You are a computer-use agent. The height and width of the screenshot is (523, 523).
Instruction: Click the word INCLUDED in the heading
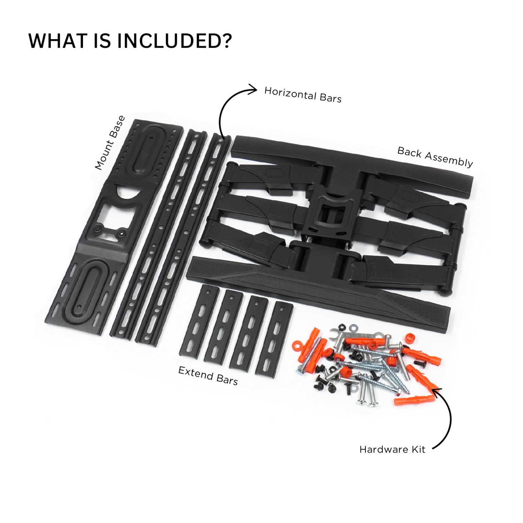pyautogui.click(x=174, y=41)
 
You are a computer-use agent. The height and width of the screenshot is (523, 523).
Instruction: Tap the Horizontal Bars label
pyautogui.click(x=303, y=95)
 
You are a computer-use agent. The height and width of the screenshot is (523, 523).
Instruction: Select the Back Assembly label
pyautogui.click(x=435, y=157)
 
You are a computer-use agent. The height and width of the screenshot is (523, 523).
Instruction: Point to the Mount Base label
pyautogui.click(x=110, y=143)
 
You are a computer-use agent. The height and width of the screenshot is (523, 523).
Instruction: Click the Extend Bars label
pyautogui.click(x=208, y=376)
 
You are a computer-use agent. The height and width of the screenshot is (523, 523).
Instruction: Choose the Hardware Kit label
pyautogui.click(x=392, y=449)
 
